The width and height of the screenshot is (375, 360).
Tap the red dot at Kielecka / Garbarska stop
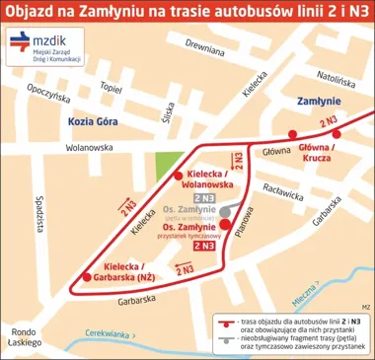(x=87, y=277)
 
